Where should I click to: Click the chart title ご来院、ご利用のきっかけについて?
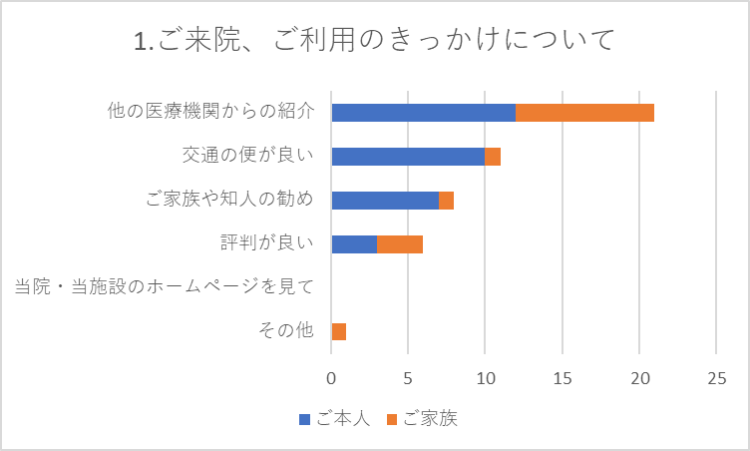373,41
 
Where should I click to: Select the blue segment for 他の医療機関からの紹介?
423,112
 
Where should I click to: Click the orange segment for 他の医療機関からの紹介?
585,112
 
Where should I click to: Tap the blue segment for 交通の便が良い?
408,156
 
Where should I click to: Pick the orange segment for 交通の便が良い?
493,156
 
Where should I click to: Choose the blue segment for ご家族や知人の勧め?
385,200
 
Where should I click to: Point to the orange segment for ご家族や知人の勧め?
447,200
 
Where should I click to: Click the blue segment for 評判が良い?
354,243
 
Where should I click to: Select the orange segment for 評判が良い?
400,243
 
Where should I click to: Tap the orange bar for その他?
339,331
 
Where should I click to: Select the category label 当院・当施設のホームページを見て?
165,287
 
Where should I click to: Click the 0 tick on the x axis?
331,379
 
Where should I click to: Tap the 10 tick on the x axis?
486,379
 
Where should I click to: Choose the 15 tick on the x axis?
562,379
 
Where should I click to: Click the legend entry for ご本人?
335,419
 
